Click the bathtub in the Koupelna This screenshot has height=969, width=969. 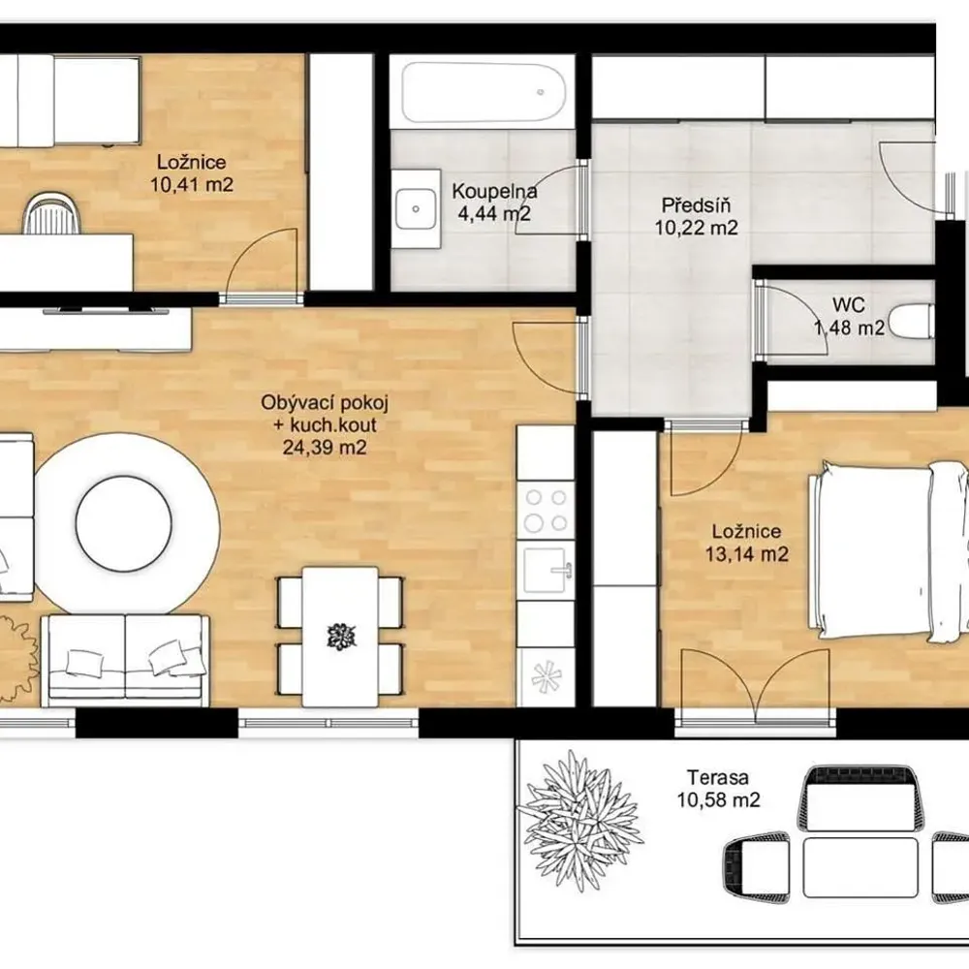point(484,93)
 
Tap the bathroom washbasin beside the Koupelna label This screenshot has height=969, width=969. point(416,209)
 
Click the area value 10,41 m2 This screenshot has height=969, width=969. point(192,184)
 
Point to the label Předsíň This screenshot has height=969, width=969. point(696,204)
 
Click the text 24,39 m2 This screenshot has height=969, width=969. point(325,447)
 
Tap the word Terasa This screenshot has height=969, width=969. point(718,777)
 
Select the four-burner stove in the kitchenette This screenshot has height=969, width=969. point(546,511)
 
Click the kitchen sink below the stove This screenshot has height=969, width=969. point(546,570)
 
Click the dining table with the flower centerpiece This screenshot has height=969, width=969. point(340,637)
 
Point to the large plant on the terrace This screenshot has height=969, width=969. point(579,821)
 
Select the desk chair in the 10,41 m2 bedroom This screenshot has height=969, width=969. point(52,214)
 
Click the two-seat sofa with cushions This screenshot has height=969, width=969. point(125,660)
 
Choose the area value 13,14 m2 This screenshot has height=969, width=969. point(746,554)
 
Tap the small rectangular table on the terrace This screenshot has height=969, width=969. point(860,867)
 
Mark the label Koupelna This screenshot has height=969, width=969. point(494,191)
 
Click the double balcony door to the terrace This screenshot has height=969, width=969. point(755,685)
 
